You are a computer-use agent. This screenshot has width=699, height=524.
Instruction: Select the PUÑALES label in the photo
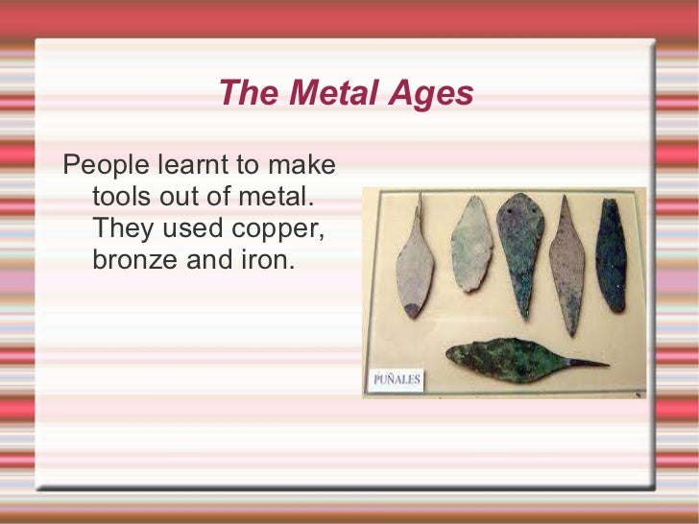coord(396,380)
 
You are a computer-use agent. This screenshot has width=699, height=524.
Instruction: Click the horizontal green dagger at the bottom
coord(514,361)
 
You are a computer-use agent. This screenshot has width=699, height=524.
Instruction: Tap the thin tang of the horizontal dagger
coord(587,364)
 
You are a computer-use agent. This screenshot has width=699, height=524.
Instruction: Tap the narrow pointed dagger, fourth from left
coord(566,264)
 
